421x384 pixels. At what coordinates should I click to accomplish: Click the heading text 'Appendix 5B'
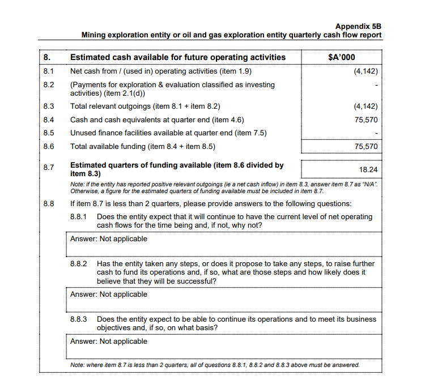[x=358, y=26]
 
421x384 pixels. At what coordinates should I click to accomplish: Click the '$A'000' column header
[x=342, y=57]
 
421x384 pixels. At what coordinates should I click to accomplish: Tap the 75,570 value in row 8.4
[x=365, y=120]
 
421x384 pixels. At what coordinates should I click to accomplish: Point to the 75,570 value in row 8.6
[x=365, y=147]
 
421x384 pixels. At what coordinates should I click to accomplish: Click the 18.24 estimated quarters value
[x=368, y=169]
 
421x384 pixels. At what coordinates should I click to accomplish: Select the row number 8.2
[x=48, y=85]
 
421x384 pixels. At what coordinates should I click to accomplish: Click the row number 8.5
[x=48, y=133]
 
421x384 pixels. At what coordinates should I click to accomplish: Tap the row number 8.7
[x=48, y=167]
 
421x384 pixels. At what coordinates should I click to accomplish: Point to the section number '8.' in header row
[x=47, y=57]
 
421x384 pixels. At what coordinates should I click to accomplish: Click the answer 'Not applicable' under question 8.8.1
[x=123, y=239]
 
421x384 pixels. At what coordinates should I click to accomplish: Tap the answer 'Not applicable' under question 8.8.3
[x=123, y=342]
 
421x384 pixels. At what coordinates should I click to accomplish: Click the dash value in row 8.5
[x=376, y=134]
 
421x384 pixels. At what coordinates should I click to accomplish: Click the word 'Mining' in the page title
[x=95, y=35]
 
